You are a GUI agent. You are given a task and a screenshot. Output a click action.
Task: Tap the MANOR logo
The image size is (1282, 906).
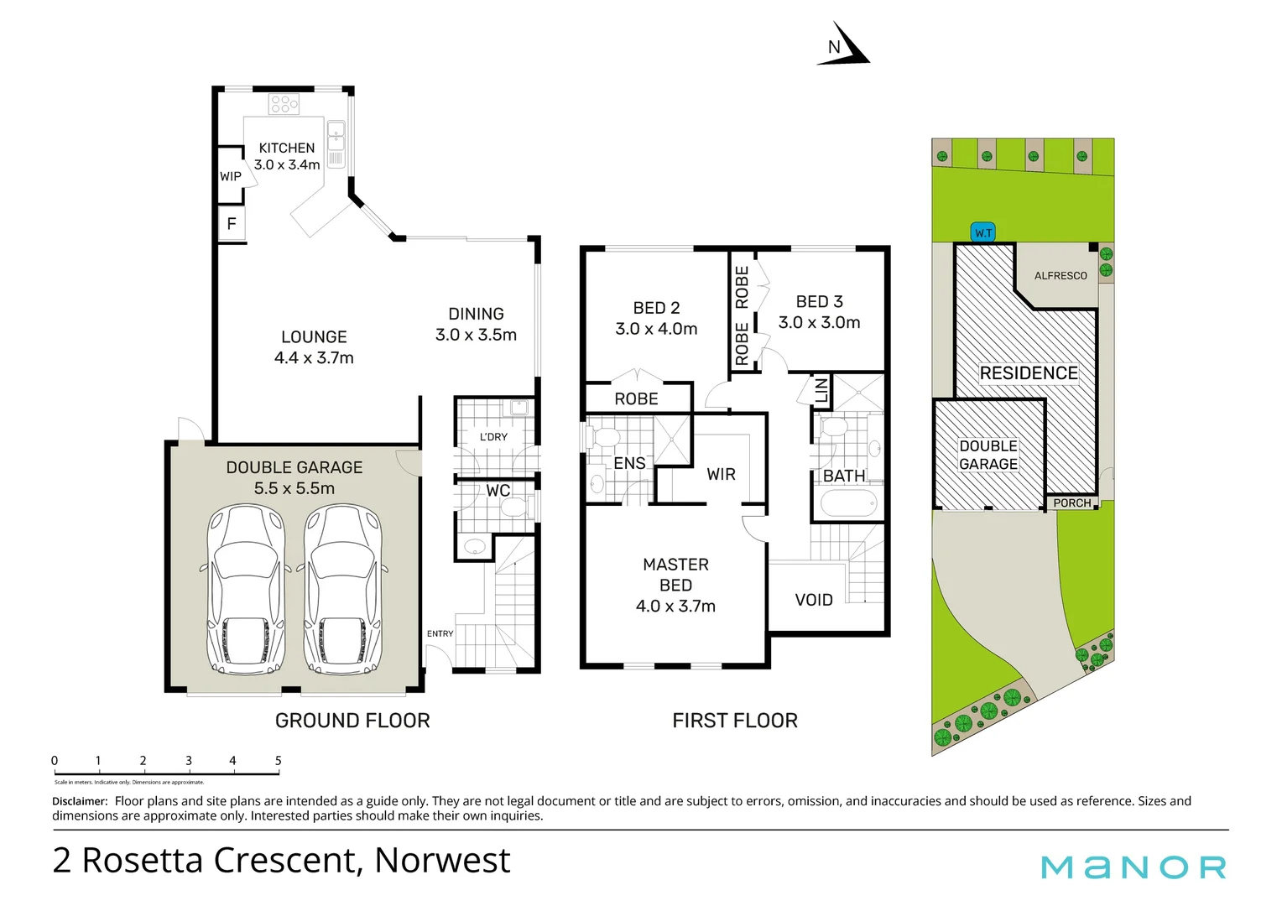(1133, 867)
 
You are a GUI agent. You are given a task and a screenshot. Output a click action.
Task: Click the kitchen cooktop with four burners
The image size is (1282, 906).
(284, 104)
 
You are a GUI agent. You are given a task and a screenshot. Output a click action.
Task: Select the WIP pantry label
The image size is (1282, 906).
(230, 176)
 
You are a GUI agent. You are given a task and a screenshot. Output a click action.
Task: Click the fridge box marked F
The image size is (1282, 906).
(232, 224)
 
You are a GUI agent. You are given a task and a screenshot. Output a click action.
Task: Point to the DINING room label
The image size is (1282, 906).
(476, 314)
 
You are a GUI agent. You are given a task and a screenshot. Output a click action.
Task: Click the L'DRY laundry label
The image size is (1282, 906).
(493, 437)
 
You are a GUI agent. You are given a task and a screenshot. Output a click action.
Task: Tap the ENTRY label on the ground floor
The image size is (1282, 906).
(440, 633)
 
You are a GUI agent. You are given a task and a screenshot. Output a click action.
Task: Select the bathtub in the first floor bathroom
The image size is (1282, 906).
(847, 504)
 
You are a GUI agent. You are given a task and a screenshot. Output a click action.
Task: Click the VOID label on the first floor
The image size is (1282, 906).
(814, 600)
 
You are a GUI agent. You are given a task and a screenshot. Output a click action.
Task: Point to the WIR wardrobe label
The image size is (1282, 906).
(721, 474)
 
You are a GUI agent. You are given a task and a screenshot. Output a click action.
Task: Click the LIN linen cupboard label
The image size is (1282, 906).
(821, 390)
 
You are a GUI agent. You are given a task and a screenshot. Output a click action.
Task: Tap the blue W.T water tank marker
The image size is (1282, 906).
(983, 232)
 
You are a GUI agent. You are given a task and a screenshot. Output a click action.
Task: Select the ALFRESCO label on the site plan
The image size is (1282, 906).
(1061, 275)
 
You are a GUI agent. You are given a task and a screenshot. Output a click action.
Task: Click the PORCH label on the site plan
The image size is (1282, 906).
(1072, 502)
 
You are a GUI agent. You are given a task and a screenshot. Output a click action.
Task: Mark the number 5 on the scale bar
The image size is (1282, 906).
(279, 761)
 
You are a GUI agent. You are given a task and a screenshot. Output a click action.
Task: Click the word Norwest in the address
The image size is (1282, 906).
(442, 861)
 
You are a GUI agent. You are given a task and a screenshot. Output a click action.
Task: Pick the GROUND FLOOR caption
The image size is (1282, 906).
(352, 721)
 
